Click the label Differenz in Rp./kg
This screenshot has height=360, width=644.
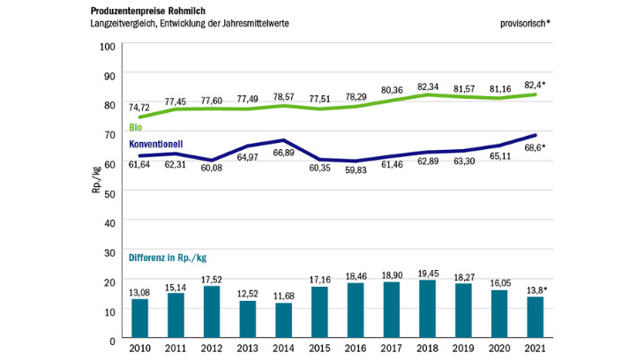168,258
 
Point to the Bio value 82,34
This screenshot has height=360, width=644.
427,86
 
